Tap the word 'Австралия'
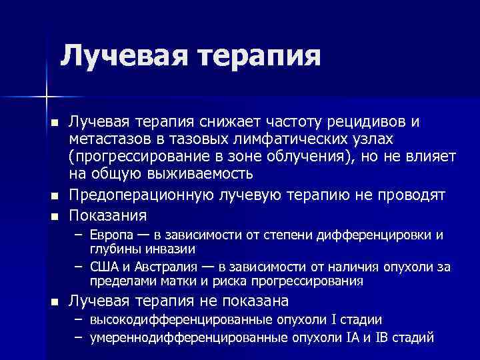[x=157, y=267]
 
